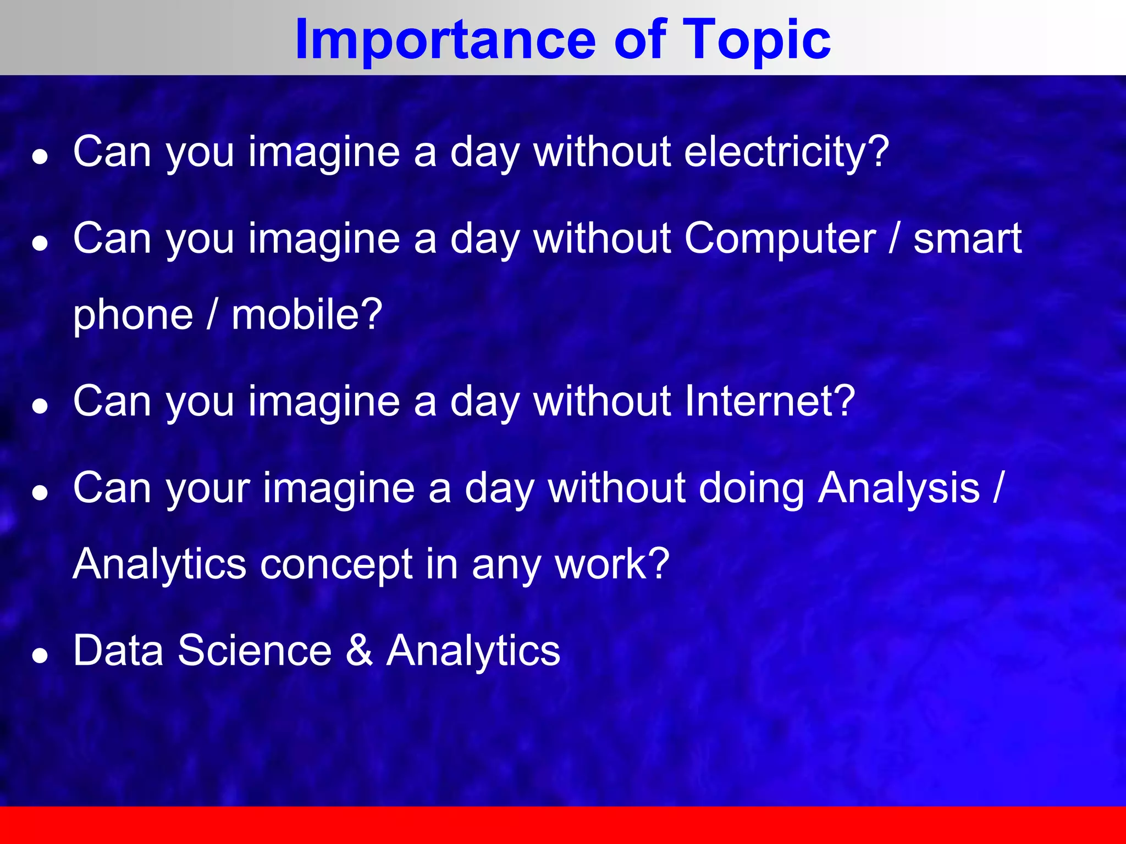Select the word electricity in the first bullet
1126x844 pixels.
(x=786, y=152)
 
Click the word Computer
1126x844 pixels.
(x=780, y=239)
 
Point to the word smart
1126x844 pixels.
(x=967, y=239)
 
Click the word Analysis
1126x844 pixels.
(x=899, y=488)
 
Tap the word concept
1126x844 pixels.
(x=336, y=564)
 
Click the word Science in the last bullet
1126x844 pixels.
(x=255, y=651)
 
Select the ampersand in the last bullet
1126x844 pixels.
(x=359, y=651)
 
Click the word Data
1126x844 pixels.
(x=118, y=651)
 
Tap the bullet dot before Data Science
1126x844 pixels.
(x=40, y=656)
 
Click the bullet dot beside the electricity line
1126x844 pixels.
(x=40, y=158)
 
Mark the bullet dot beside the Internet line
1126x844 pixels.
(x=40, y=407)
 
